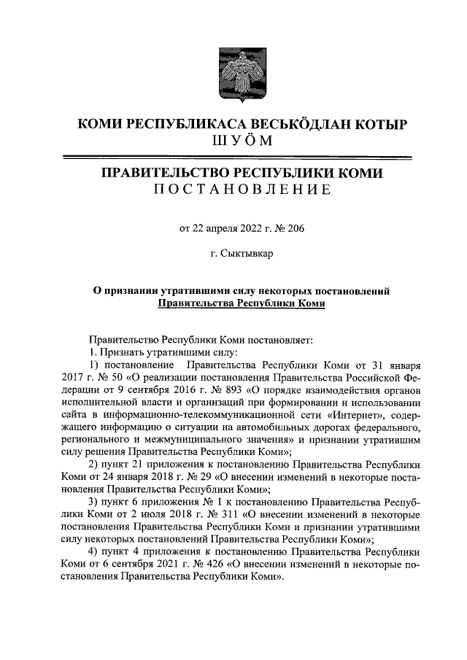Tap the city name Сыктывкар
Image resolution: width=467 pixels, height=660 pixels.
pyautogui.click(x=246, y=255)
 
